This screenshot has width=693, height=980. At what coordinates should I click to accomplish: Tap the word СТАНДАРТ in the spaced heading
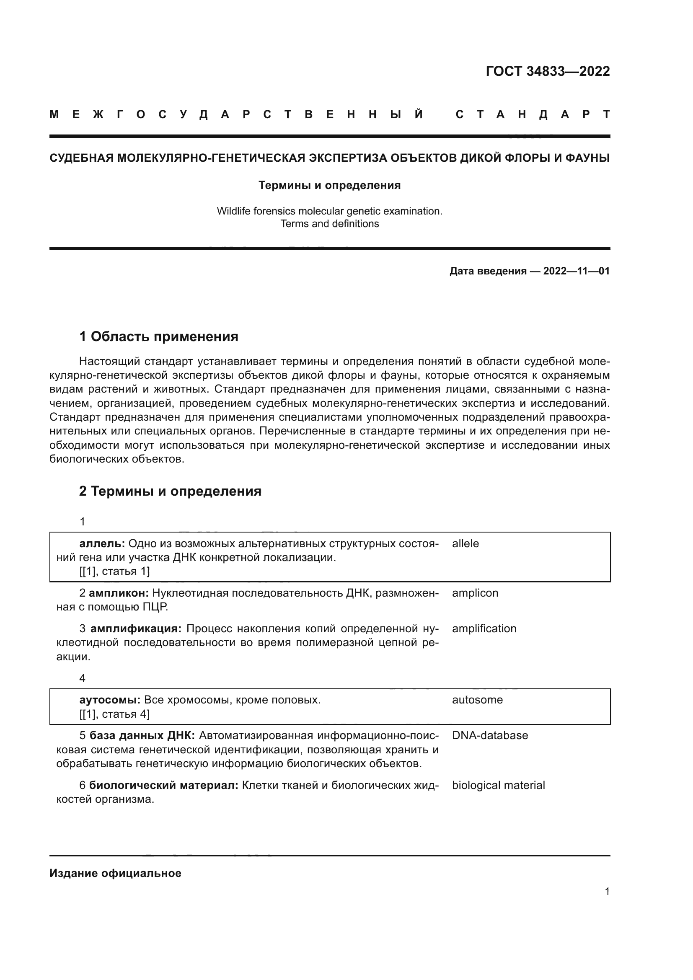533,115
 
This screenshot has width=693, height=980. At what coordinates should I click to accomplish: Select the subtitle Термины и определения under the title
329,185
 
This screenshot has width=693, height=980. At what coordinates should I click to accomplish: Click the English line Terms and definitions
329,224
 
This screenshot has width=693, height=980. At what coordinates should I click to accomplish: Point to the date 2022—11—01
576,271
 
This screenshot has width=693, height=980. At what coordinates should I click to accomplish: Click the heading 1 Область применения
159,336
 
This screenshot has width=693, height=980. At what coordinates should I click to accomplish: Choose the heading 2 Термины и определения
170,491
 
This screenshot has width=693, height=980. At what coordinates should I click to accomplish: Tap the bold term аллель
101,543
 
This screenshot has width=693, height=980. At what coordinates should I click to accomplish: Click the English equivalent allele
465,543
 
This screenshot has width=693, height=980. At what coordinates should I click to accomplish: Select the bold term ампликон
119,593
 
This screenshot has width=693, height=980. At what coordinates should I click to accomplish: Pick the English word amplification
484,628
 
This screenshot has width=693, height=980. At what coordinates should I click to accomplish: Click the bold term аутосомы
110,700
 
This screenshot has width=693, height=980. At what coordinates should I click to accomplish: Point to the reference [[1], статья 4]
114,714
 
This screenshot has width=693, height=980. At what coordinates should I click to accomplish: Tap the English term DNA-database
490,735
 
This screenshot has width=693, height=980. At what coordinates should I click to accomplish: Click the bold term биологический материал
163,785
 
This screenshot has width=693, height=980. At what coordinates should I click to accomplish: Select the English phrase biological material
498,785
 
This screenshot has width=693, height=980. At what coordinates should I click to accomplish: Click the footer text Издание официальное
115,873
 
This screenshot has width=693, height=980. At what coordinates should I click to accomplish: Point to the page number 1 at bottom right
607,891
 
